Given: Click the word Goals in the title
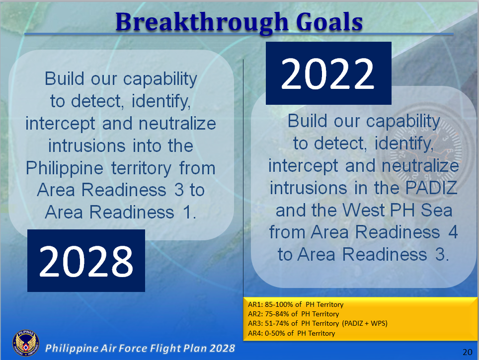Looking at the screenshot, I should pyautogui.click(x=326, y=22).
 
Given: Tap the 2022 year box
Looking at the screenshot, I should pyautogui.click(x=328, y=73).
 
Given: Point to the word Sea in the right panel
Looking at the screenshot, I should pyautogui.click(x=436, y=210).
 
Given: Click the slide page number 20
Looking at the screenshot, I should pyautogui.click(x=467, y=352).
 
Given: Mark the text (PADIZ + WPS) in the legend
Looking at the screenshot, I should pyautogui.click(x=364, y=323).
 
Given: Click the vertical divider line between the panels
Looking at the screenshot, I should pyautogui.click(x=243, y=174).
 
